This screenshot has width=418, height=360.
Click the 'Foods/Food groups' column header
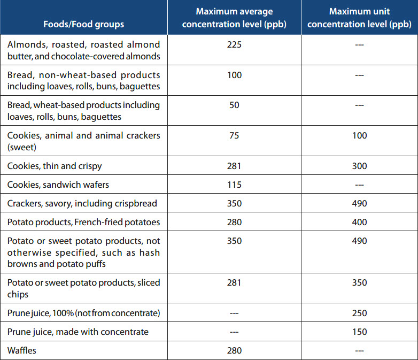click(x=83, y=24)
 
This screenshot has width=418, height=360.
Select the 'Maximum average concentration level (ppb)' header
click(x=234, y=18)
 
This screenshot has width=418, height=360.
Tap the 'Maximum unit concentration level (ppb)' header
click(x=359, y=18)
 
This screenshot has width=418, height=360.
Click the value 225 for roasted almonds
click(x=234, y=44)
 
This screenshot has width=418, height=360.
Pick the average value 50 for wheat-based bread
click(x=234, y=105)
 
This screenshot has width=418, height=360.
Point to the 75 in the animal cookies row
click(x=234, y=135)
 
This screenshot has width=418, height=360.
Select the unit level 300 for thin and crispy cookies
click(x=359, y=166)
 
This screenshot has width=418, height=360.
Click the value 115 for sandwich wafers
click(x=234, y=185)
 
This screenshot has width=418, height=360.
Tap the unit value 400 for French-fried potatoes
click(x=359, y=222)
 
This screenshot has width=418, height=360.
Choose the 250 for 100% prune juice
click(x=359, y=313)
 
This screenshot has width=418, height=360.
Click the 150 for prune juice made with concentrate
click(x=359, y=332)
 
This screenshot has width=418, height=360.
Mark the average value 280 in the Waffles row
click(x=234, y=350)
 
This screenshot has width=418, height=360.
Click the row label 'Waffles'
click(x=23, y=350)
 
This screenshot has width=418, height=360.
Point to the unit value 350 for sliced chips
click(x=359, y=282)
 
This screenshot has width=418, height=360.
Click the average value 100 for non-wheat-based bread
click(x=234, y=75)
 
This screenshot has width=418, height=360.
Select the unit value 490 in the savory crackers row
click(x=359, y=203)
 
